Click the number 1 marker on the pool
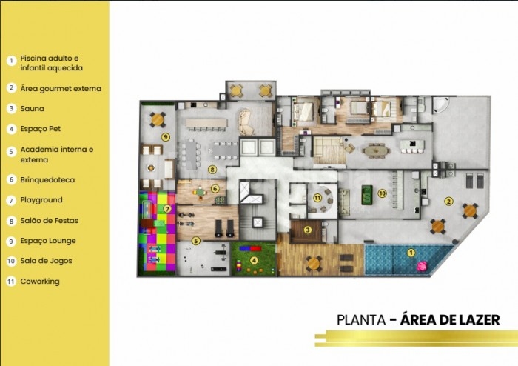coord(411,253)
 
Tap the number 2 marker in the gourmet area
coord(448,201)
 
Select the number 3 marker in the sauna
coord(308,230)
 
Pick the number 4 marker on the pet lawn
coord(254,261)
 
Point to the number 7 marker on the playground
coord(167,209)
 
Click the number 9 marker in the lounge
coord(166,136)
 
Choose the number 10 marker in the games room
coord(383,193)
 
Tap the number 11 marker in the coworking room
coord(317,198)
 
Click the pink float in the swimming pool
coord(422,266)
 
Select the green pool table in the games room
coord(367,195)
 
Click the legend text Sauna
coord(32,108)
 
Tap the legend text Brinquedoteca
coord(47,179)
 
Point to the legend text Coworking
coord(40,282)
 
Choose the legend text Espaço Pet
coord(40,129)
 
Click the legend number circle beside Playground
coord(12,200)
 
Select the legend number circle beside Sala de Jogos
coord(12,261)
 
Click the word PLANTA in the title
coord(361,320)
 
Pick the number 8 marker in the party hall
coord(212,170)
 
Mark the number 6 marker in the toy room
coord(215,189)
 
